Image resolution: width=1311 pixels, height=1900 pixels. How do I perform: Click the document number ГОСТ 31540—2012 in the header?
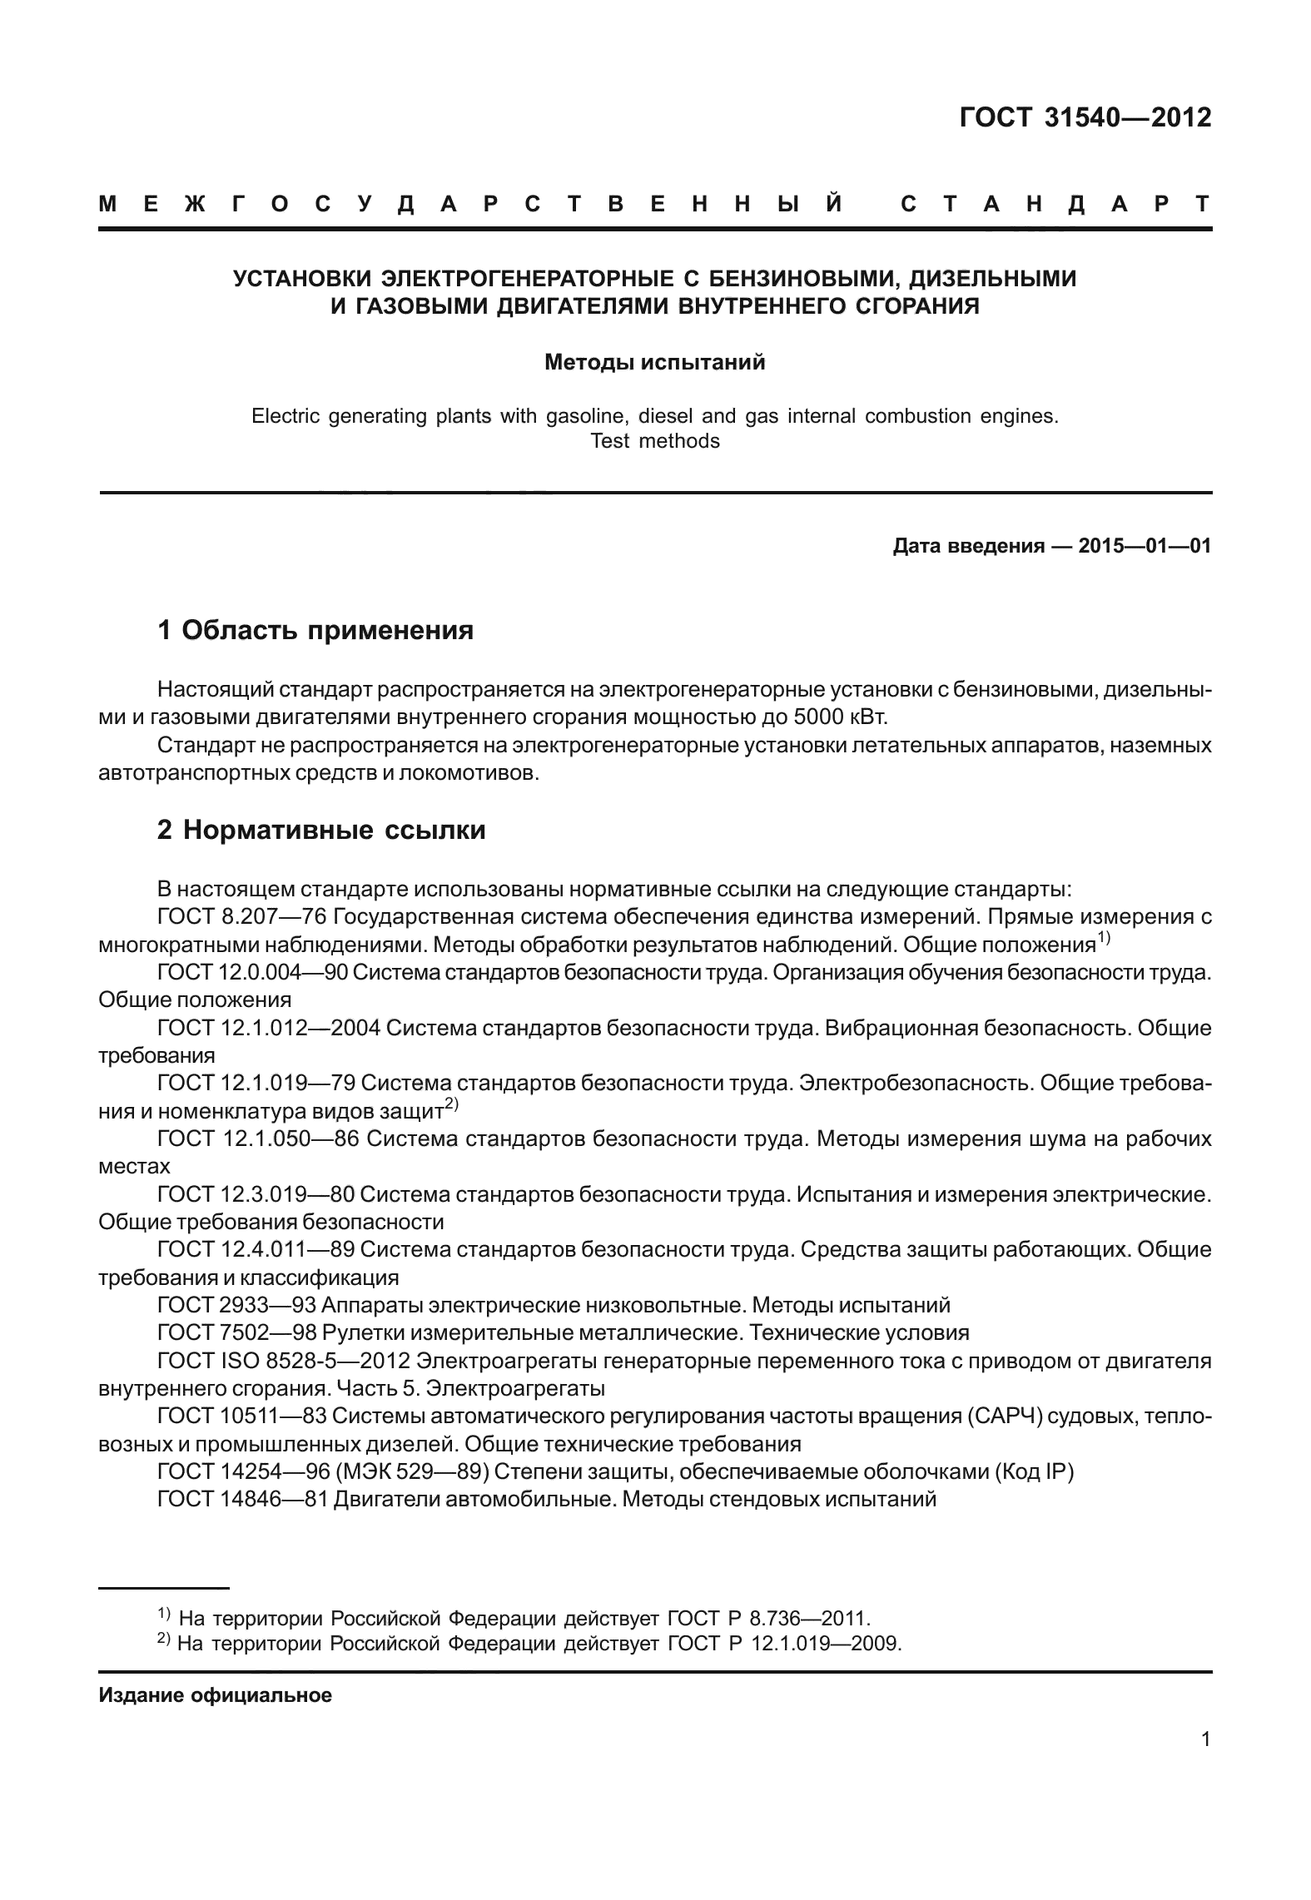tap(1085, 118)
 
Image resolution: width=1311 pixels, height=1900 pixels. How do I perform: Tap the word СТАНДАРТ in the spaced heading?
tap(1055, 205)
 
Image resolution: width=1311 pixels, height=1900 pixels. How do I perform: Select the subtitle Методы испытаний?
tap(654, 363)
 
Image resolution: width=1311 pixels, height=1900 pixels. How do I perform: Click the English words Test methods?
tap(654, 441)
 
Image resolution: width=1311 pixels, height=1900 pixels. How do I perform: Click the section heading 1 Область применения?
tap(315, 630)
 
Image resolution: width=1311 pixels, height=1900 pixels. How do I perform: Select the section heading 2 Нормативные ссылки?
tap(321, 830)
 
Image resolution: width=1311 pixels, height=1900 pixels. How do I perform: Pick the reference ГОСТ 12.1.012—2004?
tap(269, 1029)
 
